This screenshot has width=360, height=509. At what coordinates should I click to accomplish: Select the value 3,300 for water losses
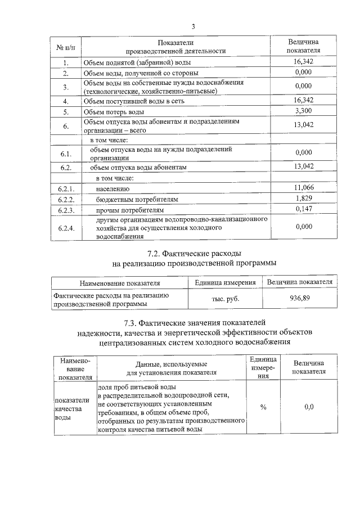(x=303, y=111)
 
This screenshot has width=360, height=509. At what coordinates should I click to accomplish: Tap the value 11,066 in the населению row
(x=303, y=188)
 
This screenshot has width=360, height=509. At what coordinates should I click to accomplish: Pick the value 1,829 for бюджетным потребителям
(x=303, y=199)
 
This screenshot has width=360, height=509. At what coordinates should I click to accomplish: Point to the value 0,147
(x=303, y=209)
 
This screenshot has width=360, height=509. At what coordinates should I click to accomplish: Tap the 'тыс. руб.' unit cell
(x=225, y=299)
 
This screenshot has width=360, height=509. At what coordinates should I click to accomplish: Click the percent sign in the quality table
(x=263, y=407)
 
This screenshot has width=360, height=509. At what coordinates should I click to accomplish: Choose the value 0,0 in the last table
(x=308, y=407)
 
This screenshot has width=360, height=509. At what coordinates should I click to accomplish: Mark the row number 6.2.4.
(x=66, y=228)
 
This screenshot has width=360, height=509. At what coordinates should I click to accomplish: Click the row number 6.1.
(x=66, y=154)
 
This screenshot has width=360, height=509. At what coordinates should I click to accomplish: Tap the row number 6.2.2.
(x=66, y=199)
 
